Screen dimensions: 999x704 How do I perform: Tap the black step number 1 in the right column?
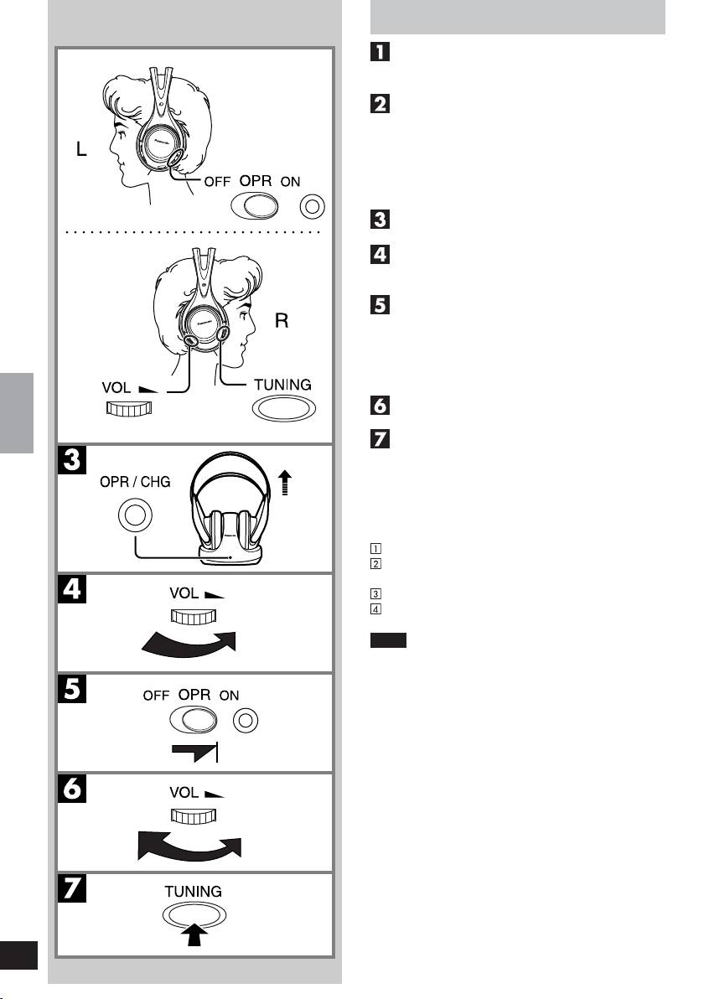click(x=378, y=54)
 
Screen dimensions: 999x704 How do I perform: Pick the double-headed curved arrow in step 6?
click(x=190, y=843)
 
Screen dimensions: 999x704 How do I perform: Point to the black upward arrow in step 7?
click(x=194, y=937)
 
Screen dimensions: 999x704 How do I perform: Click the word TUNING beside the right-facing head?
click(x=282, y=385)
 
